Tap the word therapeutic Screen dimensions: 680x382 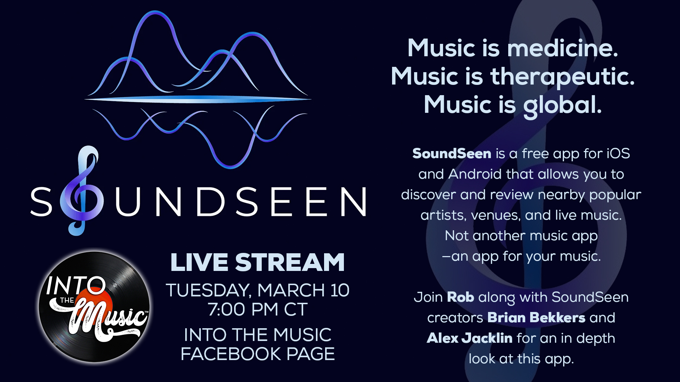pyautogui.click(x=562, y=77)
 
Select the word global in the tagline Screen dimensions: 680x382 pyautogui.click(x=562, y=105)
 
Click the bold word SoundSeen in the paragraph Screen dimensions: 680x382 pyautogui.click(x=452, y=154)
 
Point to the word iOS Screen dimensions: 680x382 pyautogui.click(x=618, y=154)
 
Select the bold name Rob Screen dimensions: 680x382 pyautogui.click(x=460, y=297)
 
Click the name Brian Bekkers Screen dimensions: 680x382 pyautogui.click(x=536, y=318)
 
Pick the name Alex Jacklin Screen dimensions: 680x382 pyautogui.click(x=470, y=338)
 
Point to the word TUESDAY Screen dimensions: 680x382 pyautogui.click(x=209, y=290)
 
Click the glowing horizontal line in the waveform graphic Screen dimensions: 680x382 pyautogui.click(x=198, y=99)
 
